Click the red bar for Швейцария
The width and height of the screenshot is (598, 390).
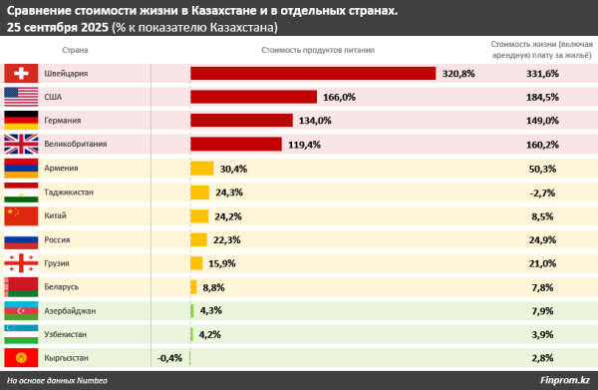click(313, 74)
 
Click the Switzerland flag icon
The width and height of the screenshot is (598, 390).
click(21, 74)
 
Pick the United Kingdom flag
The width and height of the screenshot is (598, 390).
click(21, 145)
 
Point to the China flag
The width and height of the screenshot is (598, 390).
click(21, 215)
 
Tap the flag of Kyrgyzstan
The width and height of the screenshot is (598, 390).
click(21, 357)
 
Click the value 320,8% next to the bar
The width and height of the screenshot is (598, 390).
click(458, 74)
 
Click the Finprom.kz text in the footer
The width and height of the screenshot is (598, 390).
click(563, 380)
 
